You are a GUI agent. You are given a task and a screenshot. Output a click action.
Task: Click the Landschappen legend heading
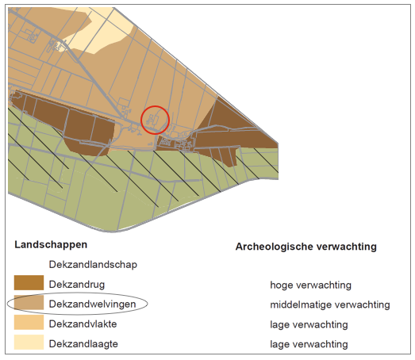coord(51,245)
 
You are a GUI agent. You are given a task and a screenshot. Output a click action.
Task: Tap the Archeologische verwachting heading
coord(306,247)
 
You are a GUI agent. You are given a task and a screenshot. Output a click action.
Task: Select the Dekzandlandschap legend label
coord(93,265)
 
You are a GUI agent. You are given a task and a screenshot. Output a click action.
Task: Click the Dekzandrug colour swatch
coord(29,283)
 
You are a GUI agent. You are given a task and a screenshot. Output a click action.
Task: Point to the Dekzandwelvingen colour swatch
coord(29,302)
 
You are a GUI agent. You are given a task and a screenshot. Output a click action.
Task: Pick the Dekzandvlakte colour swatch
coord(29,322)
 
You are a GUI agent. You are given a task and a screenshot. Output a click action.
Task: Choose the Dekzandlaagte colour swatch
coord(29,342)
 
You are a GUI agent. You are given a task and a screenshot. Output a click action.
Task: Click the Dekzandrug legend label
coord(77,285)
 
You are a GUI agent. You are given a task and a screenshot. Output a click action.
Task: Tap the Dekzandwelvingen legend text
coord(92,304)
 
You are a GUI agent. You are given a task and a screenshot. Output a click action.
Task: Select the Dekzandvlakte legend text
coord(83,324)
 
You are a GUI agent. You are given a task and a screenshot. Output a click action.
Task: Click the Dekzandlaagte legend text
coord(83,344)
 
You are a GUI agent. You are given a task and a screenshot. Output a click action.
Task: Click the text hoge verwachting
coord(311,285)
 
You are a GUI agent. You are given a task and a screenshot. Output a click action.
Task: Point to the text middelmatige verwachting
coord(330,304)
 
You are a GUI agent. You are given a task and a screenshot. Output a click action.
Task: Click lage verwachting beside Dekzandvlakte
coord(309,324)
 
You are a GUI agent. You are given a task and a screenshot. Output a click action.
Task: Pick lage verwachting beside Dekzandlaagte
coord(309,344)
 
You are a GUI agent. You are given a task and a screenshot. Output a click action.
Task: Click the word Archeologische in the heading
coord(275,247)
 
